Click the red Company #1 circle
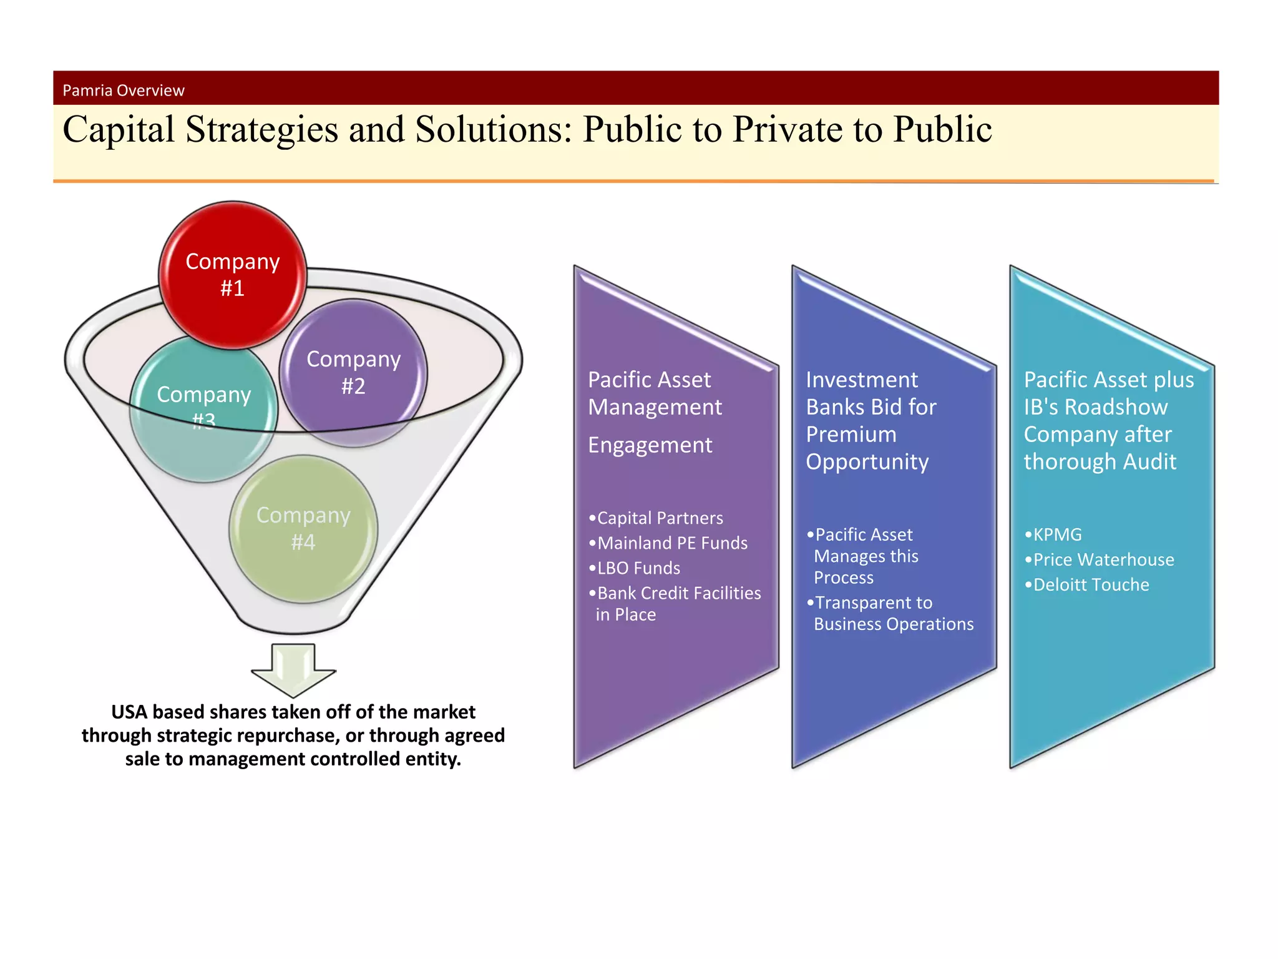click(232, 275)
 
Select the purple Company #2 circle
click(353, 373)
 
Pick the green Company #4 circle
click(303, 528)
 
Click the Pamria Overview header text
click(124, 91)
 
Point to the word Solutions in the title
click(493, 130)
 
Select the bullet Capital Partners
click(660, 518)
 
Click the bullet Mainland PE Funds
click(671, 543)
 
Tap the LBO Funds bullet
click(638, 568)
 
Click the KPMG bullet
click(1056, 535)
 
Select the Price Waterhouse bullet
click(1103, 560)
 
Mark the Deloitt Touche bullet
click(1090, 585)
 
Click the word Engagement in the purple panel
click(650, 445)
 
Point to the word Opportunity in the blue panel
click(867, 462)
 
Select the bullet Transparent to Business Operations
click(892, 613)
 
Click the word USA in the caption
click(129, 712)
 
